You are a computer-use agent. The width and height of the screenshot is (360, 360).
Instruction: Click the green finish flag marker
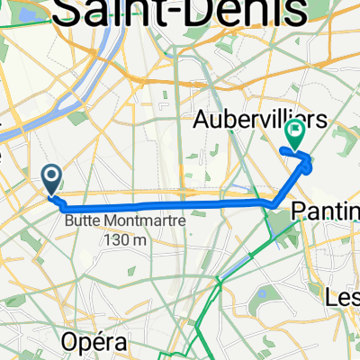(x=294, y=134)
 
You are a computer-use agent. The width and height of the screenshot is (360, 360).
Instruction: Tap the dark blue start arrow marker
(x=52, y=178)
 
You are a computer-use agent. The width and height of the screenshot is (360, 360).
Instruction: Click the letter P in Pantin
(x=300, y=211)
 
